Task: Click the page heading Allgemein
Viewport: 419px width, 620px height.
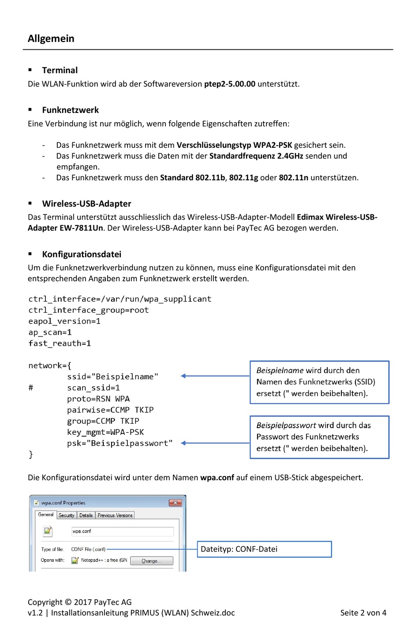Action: (51, 39)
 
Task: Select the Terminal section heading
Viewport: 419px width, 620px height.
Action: (60, 70)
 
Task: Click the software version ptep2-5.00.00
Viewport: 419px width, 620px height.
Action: (229, 84)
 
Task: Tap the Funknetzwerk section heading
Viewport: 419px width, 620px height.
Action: (70, 110)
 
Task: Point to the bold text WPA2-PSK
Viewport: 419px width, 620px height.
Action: (272, 145)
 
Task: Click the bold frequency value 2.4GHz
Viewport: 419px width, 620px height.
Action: (290, 156)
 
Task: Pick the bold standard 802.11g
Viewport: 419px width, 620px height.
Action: (243, 178)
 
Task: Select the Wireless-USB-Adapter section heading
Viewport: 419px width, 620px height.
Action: (86, 204)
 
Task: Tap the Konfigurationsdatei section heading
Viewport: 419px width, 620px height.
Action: (82, 254)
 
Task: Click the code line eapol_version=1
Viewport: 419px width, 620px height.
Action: (64, 321)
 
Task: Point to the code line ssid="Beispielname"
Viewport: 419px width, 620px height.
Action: (112, 377)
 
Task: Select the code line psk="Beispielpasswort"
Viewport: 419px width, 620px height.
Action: (120, 443)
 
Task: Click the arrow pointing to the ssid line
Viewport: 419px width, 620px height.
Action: (215, 376)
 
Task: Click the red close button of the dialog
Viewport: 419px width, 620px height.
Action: (175, 503)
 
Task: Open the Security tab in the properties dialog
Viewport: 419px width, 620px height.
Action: (66, 515)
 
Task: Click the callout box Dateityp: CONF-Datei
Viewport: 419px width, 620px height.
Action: (264, 549)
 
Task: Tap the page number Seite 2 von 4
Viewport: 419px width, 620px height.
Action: (363, 613)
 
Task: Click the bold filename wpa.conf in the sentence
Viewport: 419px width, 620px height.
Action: (217, 478)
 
